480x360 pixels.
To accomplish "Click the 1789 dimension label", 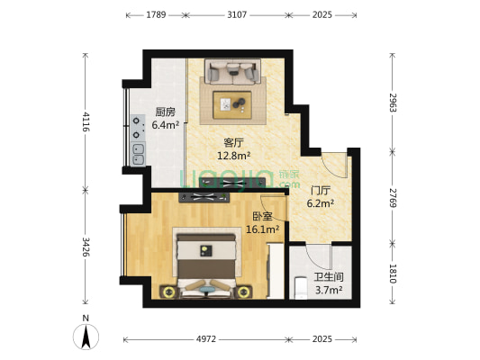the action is coord(156,14).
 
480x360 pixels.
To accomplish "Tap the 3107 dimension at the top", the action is coord(237,14).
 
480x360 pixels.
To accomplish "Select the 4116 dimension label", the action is coord(86,121).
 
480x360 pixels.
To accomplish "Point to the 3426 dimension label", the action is coord(86,247).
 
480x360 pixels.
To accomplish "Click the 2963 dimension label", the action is coord(393,103).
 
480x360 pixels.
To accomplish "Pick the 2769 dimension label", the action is coord(393,198).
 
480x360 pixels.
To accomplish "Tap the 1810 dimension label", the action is coord(393,274).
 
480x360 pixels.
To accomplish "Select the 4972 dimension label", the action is coord(206,339).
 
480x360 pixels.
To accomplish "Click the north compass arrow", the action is coord(86,337).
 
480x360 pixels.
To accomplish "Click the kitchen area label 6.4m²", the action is coord(166,125).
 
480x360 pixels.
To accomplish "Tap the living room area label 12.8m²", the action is coord(233,156).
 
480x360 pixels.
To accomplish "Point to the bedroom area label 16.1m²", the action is coord(262,229).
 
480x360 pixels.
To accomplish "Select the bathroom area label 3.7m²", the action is coord(329,290).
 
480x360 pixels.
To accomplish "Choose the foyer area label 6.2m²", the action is coord(321,203).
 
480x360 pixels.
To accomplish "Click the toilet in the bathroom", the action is coord(301,287).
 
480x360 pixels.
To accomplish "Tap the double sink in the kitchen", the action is coord(138,154).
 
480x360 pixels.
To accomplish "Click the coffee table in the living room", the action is coord(232,105).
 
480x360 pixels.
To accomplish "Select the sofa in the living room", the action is coord(233,72).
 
